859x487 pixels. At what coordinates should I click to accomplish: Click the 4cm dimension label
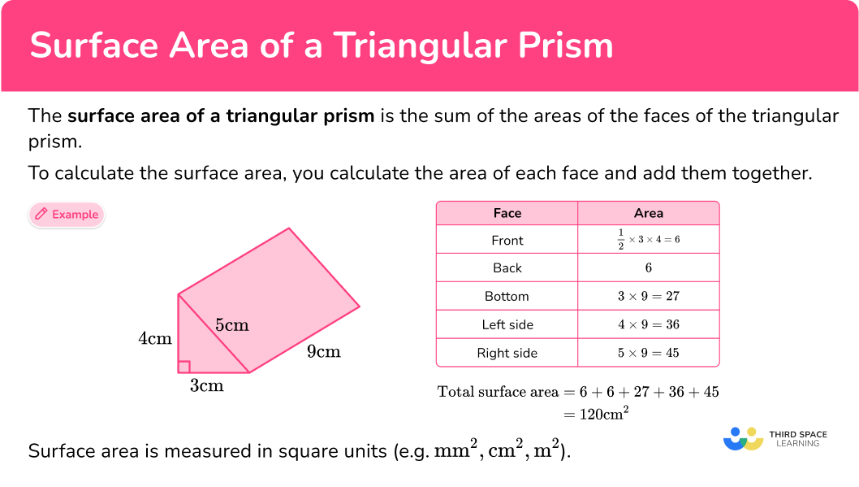click(x=155, y=338)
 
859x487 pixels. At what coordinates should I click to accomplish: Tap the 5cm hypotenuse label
click(x=231, y=325)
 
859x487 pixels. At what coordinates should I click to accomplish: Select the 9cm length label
click(x=323, y=352)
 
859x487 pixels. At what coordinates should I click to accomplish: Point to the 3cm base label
click(x=207, y=386)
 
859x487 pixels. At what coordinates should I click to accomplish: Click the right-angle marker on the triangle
click(x=183, y=367)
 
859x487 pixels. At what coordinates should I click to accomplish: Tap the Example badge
click(x=67, y=215)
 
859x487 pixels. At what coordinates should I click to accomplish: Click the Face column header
click(x=507, y=213)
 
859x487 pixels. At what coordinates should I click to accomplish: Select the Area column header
click(x=649, y=213)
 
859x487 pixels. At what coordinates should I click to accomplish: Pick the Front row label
click(x=507, y=241)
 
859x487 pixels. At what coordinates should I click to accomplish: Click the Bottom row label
click(x=507, y=296)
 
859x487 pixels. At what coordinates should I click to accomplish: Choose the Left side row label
click(x=507, y=324)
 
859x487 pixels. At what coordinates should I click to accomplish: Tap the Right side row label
click(x=507, y=353)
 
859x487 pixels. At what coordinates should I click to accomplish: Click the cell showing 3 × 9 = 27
click(x=649, y=296)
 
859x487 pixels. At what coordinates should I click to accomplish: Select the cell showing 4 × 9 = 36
click(x=649, y=324)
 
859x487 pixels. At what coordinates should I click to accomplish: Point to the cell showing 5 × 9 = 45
click(x=649, y=353)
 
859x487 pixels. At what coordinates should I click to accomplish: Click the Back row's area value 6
click(x=649, y=268)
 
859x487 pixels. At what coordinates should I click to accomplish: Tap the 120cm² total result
click(x=602, y=414)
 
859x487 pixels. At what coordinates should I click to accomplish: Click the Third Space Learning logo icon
click(x=742, y=439)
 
